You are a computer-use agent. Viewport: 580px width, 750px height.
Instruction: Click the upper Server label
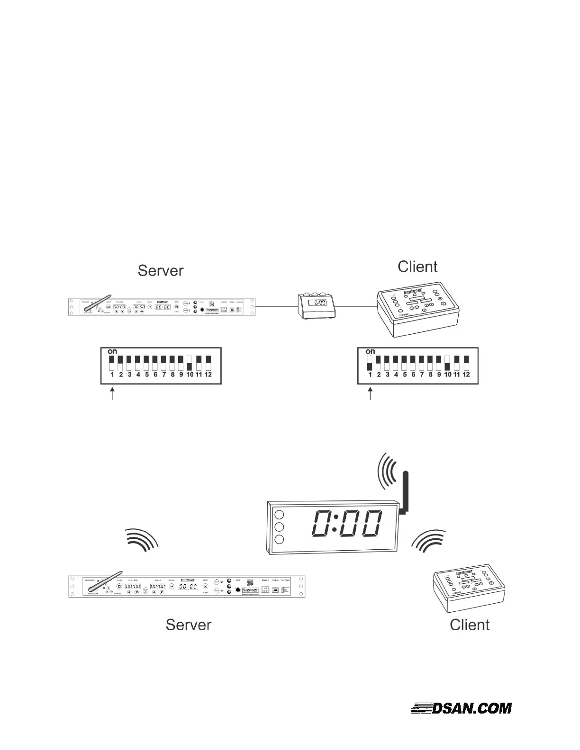coord(160,270)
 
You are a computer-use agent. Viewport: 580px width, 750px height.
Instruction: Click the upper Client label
coord(417,267)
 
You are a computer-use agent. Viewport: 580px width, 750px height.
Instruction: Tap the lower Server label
coord(188,625)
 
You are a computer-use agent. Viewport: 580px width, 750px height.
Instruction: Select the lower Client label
coord(470,625)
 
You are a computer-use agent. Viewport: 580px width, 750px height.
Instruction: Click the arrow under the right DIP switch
coord(370,394)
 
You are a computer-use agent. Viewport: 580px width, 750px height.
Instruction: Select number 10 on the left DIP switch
coord(190,375)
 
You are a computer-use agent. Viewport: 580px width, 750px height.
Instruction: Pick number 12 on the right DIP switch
coord(466,375)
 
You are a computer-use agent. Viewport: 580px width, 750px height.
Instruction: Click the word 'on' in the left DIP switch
coord(112,351)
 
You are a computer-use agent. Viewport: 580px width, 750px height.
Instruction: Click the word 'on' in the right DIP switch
coord(370,351)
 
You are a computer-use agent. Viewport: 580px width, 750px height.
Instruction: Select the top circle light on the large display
coord(280,515)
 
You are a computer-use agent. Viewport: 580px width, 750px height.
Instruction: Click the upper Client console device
coord(417,310)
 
